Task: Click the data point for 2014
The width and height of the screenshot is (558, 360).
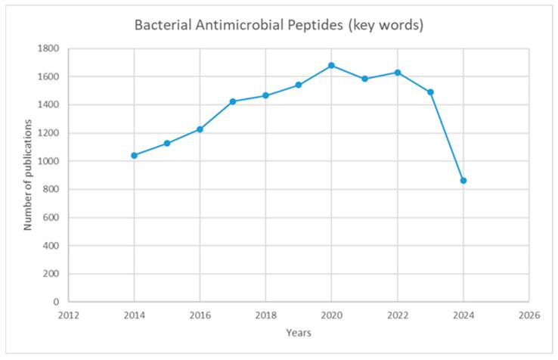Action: [134, 156]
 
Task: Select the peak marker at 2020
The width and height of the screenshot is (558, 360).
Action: [331, 66]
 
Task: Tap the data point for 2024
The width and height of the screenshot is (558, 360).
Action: [463, 181]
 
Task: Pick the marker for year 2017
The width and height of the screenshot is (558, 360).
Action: [233, 101]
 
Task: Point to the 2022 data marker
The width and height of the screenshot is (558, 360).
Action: [397, 73]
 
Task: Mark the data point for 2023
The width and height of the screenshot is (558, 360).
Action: [430, 92]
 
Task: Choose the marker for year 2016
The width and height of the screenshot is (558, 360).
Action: [200, 129]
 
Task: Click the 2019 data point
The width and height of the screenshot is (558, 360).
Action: [299, 85]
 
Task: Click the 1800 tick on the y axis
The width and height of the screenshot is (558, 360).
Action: [48, 48]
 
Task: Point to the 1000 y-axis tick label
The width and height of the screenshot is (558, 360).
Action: [48, 161]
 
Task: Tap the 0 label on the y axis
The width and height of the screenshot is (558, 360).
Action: [56, 302]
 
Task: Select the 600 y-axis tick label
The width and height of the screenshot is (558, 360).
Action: [51, 218]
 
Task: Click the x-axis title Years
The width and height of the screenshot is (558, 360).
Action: [299, 332]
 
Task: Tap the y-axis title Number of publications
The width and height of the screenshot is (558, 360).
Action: [28, 174]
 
